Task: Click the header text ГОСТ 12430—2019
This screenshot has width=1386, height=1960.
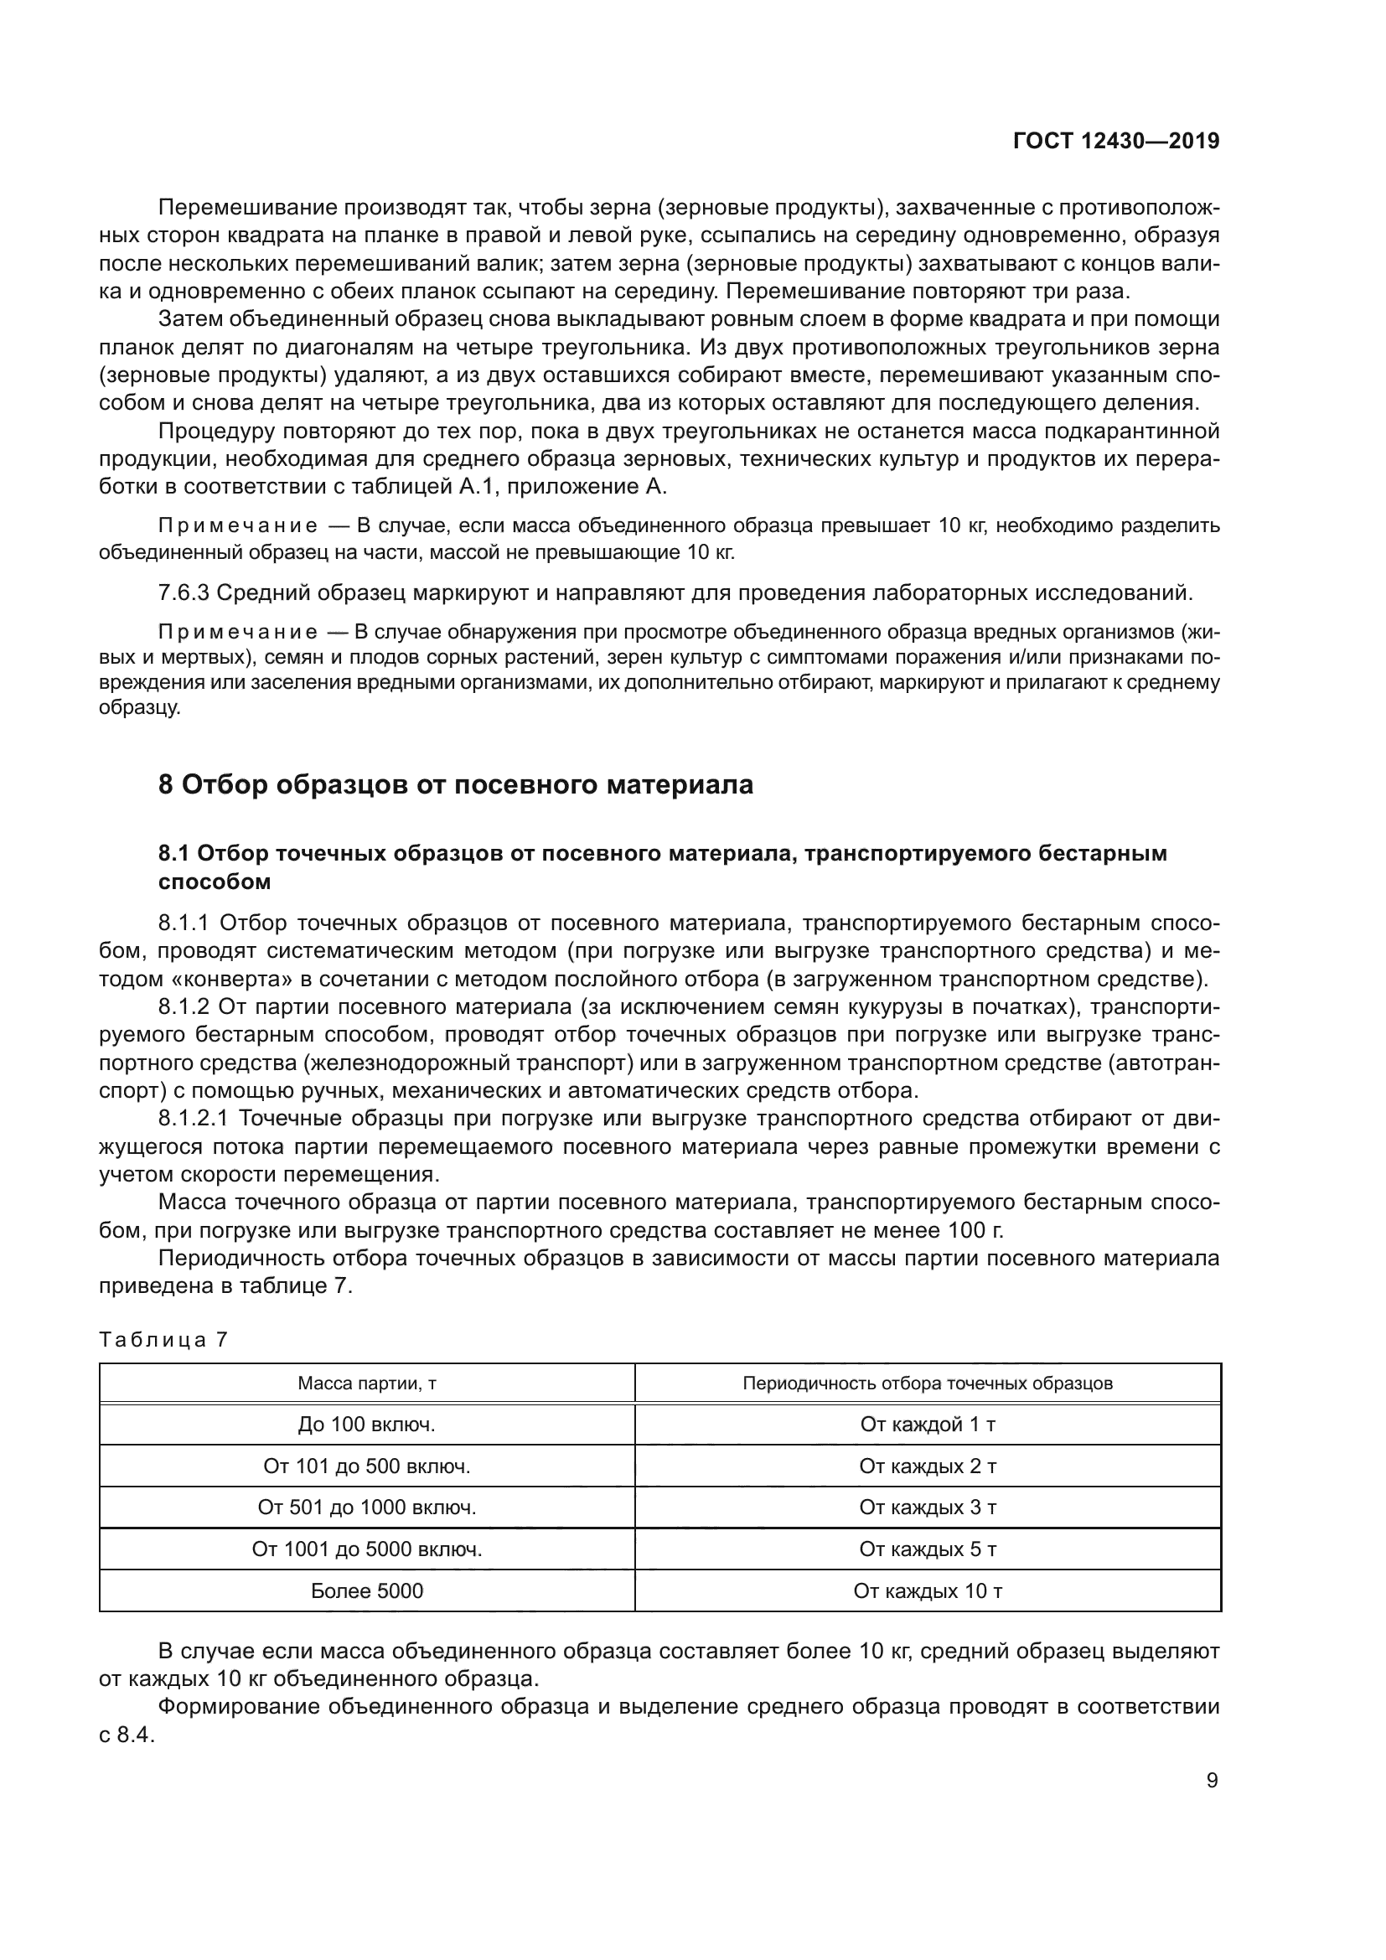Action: tap(1115, 141)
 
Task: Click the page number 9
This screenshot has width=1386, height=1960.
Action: tap(1212, 1781)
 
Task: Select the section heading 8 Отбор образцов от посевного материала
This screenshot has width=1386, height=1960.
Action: tap(456, 784)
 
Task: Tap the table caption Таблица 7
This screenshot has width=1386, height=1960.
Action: tap(163, 1339)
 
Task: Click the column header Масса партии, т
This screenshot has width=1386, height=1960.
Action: tap(367, 1383)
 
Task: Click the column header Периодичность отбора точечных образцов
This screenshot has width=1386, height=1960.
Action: tap(927, 1383)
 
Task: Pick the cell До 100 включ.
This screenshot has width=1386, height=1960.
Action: tap(367, 1425)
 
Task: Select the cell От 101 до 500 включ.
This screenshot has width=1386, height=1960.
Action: tap(367, 1466)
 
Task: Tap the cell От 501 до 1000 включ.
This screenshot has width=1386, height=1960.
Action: tap(367, 1507)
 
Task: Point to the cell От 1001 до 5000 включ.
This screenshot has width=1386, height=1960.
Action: tap(367, 1549)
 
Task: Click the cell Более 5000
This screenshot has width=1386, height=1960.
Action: tap(367, 1591)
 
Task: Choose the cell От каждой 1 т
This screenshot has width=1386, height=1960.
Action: tap(928, 1425)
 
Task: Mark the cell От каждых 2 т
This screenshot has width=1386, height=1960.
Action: tap(928, 1466)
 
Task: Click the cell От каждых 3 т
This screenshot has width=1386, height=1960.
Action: tap(928, 1507)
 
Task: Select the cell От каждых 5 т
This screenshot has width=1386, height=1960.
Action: tap(928, 1549)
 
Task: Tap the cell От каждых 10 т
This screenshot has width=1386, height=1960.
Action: tap(928, 1591)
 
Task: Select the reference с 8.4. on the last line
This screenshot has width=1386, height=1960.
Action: tap(127, 1735)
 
